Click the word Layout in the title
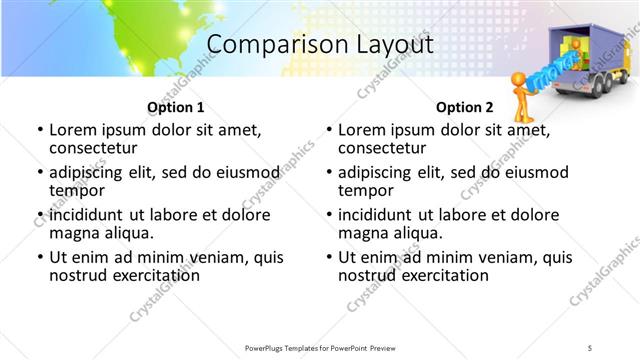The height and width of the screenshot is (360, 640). point(391,46)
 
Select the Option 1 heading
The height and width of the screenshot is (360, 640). point(175,107)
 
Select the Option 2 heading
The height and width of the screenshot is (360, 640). point(464,107)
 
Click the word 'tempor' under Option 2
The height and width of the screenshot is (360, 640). point(365,190)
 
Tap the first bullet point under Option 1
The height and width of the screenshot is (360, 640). point(40,130)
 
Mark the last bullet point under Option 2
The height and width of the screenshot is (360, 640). point(329,257)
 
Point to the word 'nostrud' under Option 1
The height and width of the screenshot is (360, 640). point(78,274)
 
